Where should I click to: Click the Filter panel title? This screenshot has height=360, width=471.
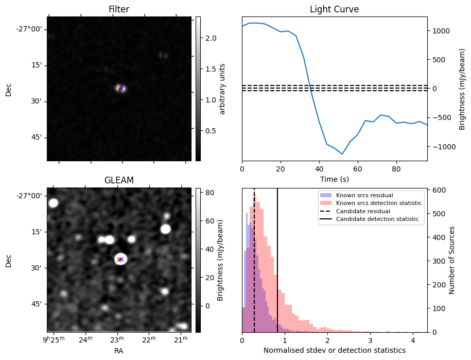119,9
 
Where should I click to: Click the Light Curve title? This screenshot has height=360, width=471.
334,9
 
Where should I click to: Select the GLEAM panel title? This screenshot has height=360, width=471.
119,180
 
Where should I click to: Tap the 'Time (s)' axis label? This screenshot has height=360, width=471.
334,179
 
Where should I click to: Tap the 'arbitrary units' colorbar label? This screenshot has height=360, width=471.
222,89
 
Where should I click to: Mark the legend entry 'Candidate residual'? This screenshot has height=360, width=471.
363,211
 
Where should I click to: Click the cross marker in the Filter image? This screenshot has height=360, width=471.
120,89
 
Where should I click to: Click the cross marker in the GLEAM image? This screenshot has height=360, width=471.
120,259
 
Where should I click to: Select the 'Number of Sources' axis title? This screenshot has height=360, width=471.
452,260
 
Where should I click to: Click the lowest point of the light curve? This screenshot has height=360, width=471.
342,154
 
